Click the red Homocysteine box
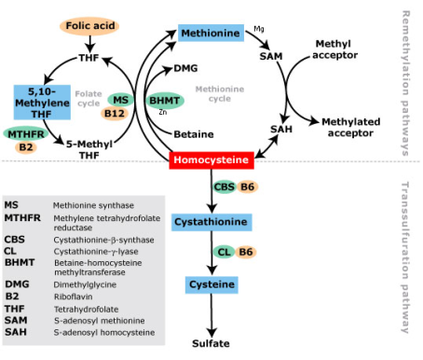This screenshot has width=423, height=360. point(211,160)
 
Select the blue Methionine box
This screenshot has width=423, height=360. point(211,34)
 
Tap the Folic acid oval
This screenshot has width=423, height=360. point(90,24)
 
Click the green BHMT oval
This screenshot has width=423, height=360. point(165,101)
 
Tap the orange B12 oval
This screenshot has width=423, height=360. point(115,114)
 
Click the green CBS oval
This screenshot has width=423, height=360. point(224,187)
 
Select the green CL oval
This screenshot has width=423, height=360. point(224,251)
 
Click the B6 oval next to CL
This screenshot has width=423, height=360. point(246,251)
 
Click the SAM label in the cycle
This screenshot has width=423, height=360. point(270,57)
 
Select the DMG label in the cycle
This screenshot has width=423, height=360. point(185,68)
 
